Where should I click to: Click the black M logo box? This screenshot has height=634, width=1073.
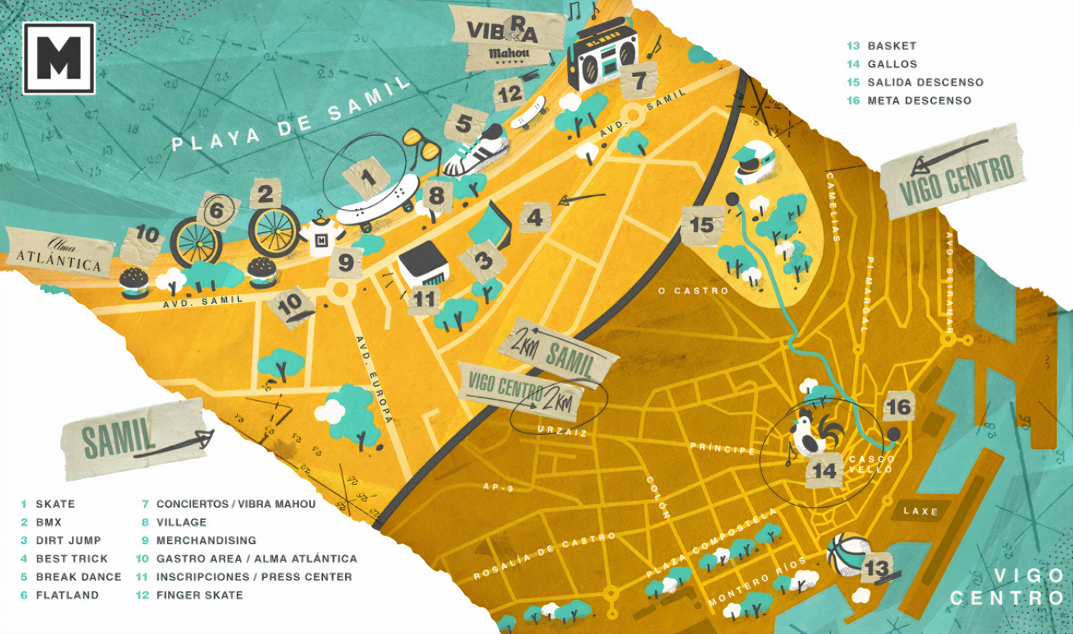(59, 58)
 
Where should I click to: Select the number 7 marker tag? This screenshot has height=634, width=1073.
(639, 81)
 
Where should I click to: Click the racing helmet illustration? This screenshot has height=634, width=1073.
(754, 162)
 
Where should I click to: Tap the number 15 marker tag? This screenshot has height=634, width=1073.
(702, 225)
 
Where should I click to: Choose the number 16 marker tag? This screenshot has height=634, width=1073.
(898, 407)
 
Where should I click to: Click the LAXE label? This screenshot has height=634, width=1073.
(920, 511)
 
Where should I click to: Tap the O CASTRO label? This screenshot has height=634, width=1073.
(693, 291)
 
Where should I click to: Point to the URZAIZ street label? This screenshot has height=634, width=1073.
(562, 431)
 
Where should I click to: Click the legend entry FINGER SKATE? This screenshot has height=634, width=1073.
(199, 595)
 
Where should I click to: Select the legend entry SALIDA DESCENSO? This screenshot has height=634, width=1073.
(925, 83)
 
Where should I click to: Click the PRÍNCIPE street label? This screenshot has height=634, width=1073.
(722, 449)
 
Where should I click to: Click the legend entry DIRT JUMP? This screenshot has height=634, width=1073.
(68, 541)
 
